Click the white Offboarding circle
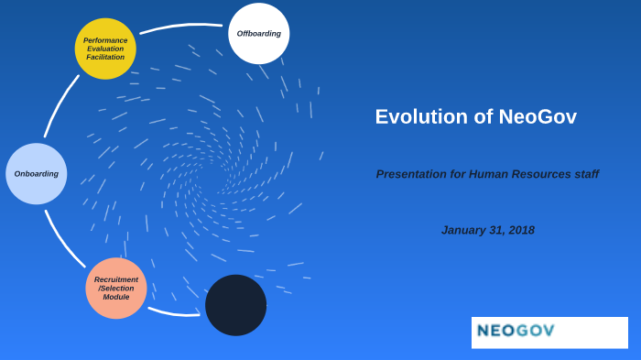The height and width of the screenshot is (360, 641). point(258,34)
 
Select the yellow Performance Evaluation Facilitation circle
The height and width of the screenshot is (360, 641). point(105,49)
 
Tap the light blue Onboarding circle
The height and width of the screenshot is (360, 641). point(37,173)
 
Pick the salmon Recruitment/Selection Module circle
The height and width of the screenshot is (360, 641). point(116,288)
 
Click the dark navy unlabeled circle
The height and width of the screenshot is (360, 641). point(235,305)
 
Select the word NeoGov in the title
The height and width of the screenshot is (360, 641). point(538,117)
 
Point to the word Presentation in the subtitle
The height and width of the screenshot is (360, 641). point(411,174)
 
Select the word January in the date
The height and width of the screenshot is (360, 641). point(462,230)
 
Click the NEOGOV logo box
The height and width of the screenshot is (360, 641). point(549,333)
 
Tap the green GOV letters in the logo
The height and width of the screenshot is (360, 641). point(535,331)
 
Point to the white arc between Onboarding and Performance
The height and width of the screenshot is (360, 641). point(59,104)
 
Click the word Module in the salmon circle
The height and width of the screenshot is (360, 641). point(116,298)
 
